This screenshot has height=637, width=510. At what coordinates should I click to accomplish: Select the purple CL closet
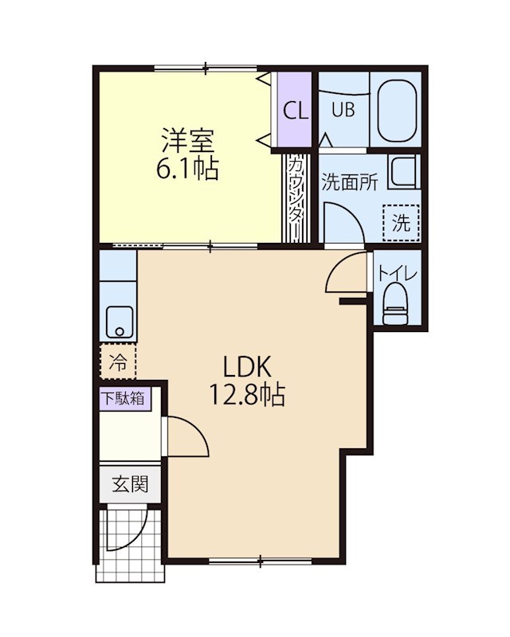point(295,111)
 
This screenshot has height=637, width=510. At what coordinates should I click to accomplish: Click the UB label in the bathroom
point(343,111)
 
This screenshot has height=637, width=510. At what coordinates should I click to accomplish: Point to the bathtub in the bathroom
point(398,109)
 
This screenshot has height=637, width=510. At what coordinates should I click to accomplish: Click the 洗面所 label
point(349,182)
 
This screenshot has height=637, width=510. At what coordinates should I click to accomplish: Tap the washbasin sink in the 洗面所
point(403,172)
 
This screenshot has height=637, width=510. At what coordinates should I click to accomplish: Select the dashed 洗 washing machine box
point(401,222)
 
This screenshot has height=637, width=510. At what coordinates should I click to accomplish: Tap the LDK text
point(248,366)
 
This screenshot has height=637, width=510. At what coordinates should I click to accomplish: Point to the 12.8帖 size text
point(248,395)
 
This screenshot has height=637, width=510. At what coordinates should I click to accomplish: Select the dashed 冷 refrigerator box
point(118,363)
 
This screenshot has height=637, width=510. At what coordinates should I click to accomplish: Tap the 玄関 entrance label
point(128,483)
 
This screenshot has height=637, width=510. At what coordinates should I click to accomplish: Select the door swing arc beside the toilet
point(349,274)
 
